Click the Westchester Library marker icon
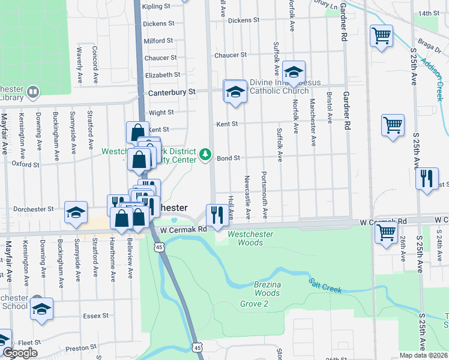pyautogui.click(x=33, y=92)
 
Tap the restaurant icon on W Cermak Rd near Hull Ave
pyautogui.click(x=215, y=214)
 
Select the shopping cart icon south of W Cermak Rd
pyautogui.click(x=385, y=231)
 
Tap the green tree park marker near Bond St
pyautogui.click(x=206, y=155)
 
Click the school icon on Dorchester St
pyautogui.click(x=76, y=212)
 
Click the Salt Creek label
pyautogui.click(x=325, y=286)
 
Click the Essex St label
pyautogui.click(x=96, y=315)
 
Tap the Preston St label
pyautogui.click(x=80, y=347)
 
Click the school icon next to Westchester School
pyautogui.click(x=41, y=308)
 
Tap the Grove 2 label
pyautogui.click(x=255, y=304)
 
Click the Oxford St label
pyautogui.click(x=25, y=164)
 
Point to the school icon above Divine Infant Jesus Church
pyautogui.click(x=293, y=72)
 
